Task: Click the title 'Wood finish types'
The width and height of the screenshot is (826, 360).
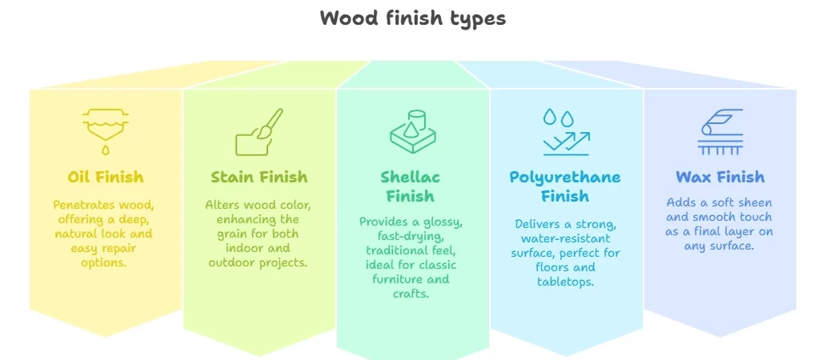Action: click(413, 18)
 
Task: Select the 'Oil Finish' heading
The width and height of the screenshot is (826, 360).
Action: click(106, 177)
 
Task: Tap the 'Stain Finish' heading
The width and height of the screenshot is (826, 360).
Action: click(259, 177)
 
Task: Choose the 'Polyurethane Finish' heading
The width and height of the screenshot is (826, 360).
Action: click(565, 186)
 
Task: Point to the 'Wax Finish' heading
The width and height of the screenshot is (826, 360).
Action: click(720, 177)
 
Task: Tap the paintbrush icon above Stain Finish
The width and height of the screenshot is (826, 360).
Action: click(259, 132)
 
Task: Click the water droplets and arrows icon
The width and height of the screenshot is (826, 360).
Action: click(567, 132)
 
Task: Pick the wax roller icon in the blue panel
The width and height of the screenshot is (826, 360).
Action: click(720, 131)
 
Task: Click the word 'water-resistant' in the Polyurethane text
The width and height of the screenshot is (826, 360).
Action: click(565, 239)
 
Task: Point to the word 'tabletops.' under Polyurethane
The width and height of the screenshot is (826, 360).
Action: click(566, 282)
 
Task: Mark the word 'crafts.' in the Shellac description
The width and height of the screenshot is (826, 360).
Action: click(411, 293)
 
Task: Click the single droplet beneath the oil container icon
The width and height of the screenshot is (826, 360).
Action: click(106, 150)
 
